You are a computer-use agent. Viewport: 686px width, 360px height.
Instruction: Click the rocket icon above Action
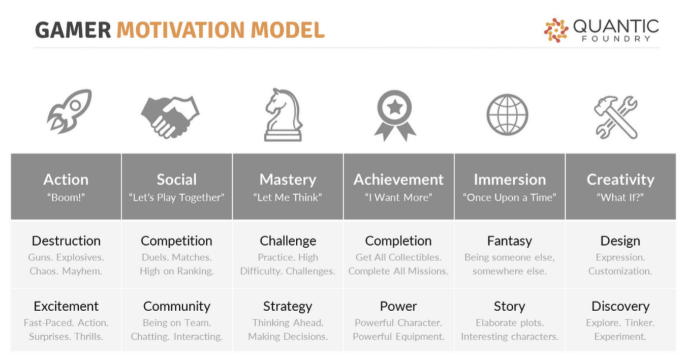click(69, 111)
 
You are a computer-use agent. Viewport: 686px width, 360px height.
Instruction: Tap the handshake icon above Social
click(170, 117)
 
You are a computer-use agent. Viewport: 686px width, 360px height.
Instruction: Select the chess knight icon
click(284, 115)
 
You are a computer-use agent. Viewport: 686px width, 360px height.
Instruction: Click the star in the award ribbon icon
click(394, 107)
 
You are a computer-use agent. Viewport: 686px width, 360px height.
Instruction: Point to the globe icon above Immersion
click(508, 114)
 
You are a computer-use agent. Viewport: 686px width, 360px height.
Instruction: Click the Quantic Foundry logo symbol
click(556, 30)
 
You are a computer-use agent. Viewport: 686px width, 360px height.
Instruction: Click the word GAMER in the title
click(73, 30)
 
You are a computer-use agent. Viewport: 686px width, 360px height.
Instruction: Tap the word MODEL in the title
click(288, 30)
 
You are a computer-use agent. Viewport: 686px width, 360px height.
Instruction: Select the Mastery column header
click(288, 179)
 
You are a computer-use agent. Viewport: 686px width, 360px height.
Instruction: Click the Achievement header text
click(398, 179)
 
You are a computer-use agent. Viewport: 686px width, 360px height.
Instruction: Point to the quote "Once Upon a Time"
click(510, 197)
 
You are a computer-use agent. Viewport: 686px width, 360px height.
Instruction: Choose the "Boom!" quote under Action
click(66, 197)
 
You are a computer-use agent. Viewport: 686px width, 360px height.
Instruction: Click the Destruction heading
click(66, 241)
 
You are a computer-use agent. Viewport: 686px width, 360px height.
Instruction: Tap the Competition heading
click(176, 241)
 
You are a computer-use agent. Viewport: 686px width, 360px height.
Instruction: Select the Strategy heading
click(288, 307)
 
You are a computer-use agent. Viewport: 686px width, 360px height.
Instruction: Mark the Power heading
click(398, 307)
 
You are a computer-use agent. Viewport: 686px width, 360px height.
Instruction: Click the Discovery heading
click(620, 307)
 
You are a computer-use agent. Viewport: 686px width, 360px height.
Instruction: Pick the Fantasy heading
click(510, 241)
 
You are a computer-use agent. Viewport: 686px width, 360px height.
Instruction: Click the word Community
click(177, 307)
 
